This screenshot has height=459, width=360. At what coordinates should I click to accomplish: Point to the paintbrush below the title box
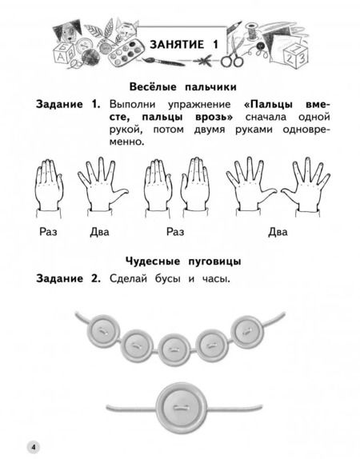(163, 62)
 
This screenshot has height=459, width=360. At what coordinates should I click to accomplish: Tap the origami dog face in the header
(67, 32)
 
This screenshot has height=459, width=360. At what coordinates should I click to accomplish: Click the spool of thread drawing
(251, 31)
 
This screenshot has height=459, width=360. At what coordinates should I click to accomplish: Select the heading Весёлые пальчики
(182, 87)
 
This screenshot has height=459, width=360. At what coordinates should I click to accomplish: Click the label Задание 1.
(68, 104)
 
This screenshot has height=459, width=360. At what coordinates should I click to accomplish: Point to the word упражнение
(199, 105)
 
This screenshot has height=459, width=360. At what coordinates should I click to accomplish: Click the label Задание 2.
(68, 278)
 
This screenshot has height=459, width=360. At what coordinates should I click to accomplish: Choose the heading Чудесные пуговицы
(183, 261)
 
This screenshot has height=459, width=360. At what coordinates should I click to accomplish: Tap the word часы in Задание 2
(217, 278)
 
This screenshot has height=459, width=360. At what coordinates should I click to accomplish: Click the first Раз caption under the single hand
(48, 232)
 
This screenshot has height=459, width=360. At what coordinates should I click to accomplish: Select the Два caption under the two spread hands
(278, 232)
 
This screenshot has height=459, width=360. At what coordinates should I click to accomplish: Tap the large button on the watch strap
(178, 406)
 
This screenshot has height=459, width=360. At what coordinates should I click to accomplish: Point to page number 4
(34, 447)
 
